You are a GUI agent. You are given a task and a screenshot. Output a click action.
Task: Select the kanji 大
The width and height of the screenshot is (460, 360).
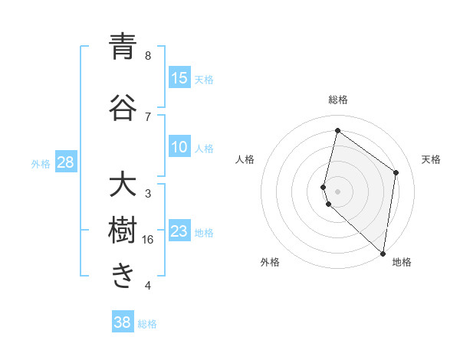coord(123,186)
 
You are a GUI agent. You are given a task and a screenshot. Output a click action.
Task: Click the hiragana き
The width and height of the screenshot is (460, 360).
coord(123,276)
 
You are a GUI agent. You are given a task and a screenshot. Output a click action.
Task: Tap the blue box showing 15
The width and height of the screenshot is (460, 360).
coord(179,78)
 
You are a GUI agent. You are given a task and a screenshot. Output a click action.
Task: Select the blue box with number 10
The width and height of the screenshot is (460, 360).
coord(179,148)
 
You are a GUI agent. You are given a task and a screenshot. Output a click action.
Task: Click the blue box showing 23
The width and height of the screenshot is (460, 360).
coord(179,231)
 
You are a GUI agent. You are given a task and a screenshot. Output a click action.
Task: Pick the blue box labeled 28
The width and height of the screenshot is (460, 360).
coord(65,163)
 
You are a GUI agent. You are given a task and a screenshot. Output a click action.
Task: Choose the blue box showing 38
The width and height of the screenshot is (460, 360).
coord(123,322)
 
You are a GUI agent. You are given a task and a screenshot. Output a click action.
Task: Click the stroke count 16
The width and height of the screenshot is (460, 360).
coord(148,240)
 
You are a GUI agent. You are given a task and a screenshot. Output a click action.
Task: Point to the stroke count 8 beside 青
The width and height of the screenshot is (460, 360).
coord(148,55)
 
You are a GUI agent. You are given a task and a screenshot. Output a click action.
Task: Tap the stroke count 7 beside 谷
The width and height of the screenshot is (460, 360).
coord(148,116)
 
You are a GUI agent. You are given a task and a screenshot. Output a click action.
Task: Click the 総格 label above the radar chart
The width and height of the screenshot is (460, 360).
coord(338,100)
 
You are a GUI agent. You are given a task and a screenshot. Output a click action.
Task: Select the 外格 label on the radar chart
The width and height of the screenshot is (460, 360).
coord(270,263)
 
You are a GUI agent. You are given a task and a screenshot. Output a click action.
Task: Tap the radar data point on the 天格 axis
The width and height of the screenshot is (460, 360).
coord(396,172)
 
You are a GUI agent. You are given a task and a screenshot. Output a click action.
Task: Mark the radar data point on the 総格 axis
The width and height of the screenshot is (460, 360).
coord(337,130)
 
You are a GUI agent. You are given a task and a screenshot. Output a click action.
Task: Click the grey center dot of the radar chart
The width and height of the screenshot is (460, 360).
coord(337,191)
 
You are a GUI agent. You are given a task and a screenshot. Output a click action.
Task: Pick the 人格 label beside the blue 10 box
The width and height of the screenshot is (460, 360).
coord(204,149)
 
